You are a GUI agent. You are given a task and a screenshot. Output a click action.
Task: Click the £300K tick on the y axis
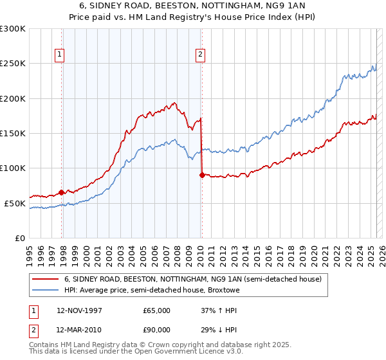[13, 29]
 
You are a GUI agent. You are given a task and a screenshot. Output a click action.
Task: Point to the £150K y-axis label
[13, 133]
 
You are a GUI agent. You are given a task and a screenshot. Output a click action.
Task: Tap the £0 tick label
[19, 238]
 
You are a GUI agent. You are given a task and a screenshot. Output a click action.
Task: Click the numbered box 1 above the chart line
[59, 55]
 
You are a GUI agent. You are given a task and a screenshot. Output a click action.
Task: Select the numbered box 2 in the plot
[201, 55]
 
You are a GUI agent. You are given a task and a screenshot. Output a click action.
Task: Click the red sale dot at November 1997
[62, 192]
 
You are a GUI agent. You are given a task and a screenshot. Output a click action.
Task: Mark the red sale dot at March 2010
[202, 175]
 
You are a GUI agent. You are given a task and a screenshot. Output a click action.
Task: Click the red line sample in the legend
[44, 280]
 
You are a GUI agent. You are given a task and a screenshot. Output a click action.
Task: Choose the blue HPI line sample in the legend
[44, 291]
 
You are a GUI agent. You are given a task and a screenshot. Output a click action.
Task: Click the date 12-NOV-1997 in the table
[79, 310]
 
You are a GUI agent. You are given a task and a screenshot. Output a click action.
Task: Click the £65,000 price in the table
[156, 310]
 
